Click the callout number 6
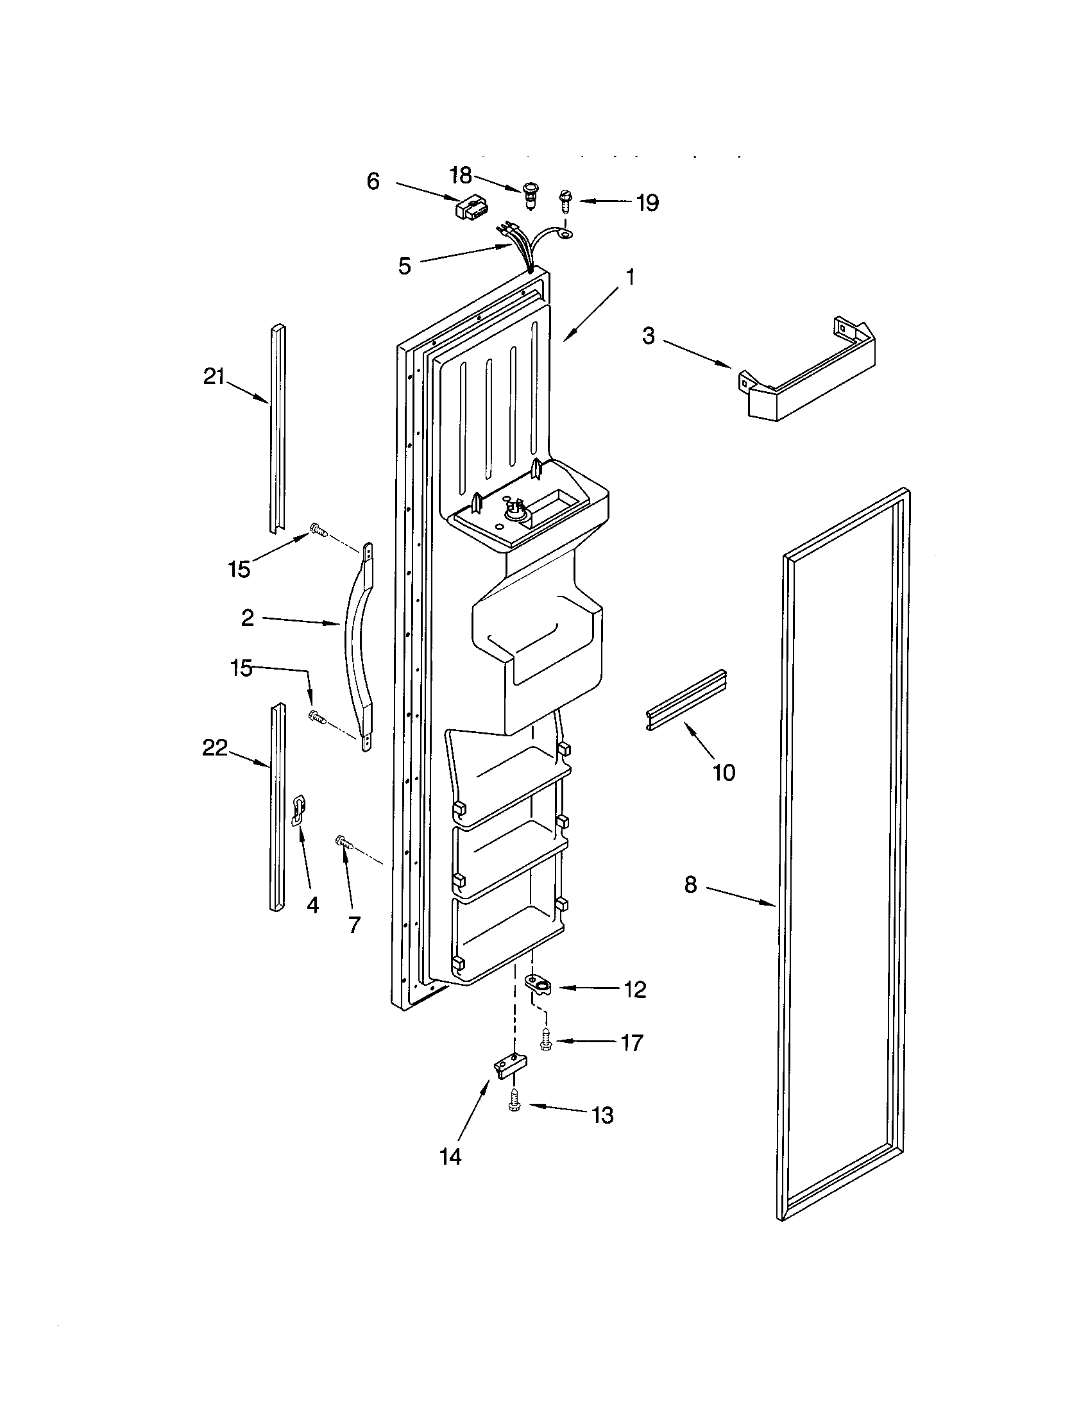(x=373, y=182)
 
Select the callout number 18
(x=461, y=175)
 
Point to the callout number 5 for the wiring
(x=404, y=266)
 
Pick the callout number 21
(x=214, y=376)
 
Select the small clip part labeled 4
(x=299, y=811)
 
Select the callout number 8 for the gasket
(x=691, y=884)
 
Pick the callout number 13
(x=603, y=1116)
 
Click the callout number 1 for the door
(x=630, y=278)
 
